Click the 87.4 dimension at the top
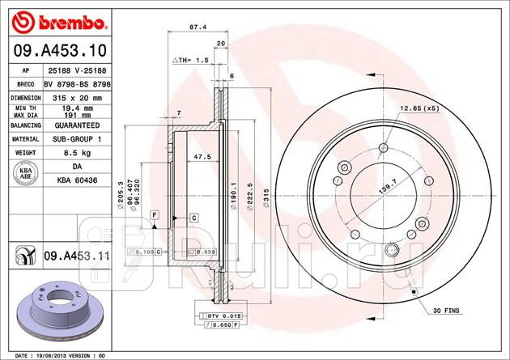(195, 27)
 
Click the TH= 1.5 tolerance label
(192, 61)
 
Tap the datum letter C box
(194, 218)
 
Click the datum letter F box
(153, 212)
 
